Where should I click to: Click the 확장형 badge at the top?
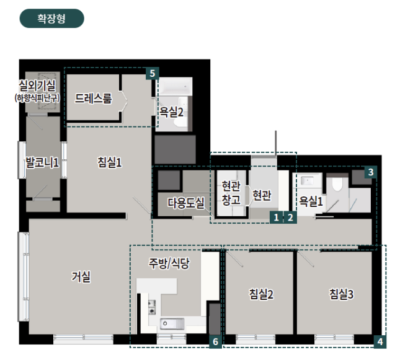point(52,19)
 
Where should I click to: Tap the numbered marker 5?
point(153,74)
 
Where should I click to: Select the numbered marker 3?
point(371,172)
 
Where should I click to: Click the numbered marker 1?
point(276,217)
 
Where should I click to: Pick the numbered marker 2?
point(290,217)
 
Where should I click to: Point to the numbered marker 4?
point(380,341)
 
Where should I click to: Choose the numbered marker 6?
point(216,341)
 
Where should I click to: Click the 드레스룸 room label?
point(94,99)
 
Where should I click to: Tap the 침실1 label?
point(109,162)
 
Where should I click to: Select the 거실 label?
point(81,276)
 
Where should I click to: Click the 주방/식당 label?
point(169,263)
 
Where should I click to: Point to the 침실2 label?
point(261,294)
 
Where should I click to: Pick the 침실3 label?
point(341,294)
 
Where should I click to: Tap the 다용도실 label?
point(186,203)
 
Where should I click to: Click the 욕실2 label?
point(171,112)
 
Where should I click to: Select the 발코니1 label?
point(42,162)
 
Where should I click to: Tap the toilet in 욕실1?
point(337,183)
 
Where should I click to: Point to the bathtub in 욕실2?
point(175,87)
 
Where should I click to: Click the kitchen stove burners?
point(152,307)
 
